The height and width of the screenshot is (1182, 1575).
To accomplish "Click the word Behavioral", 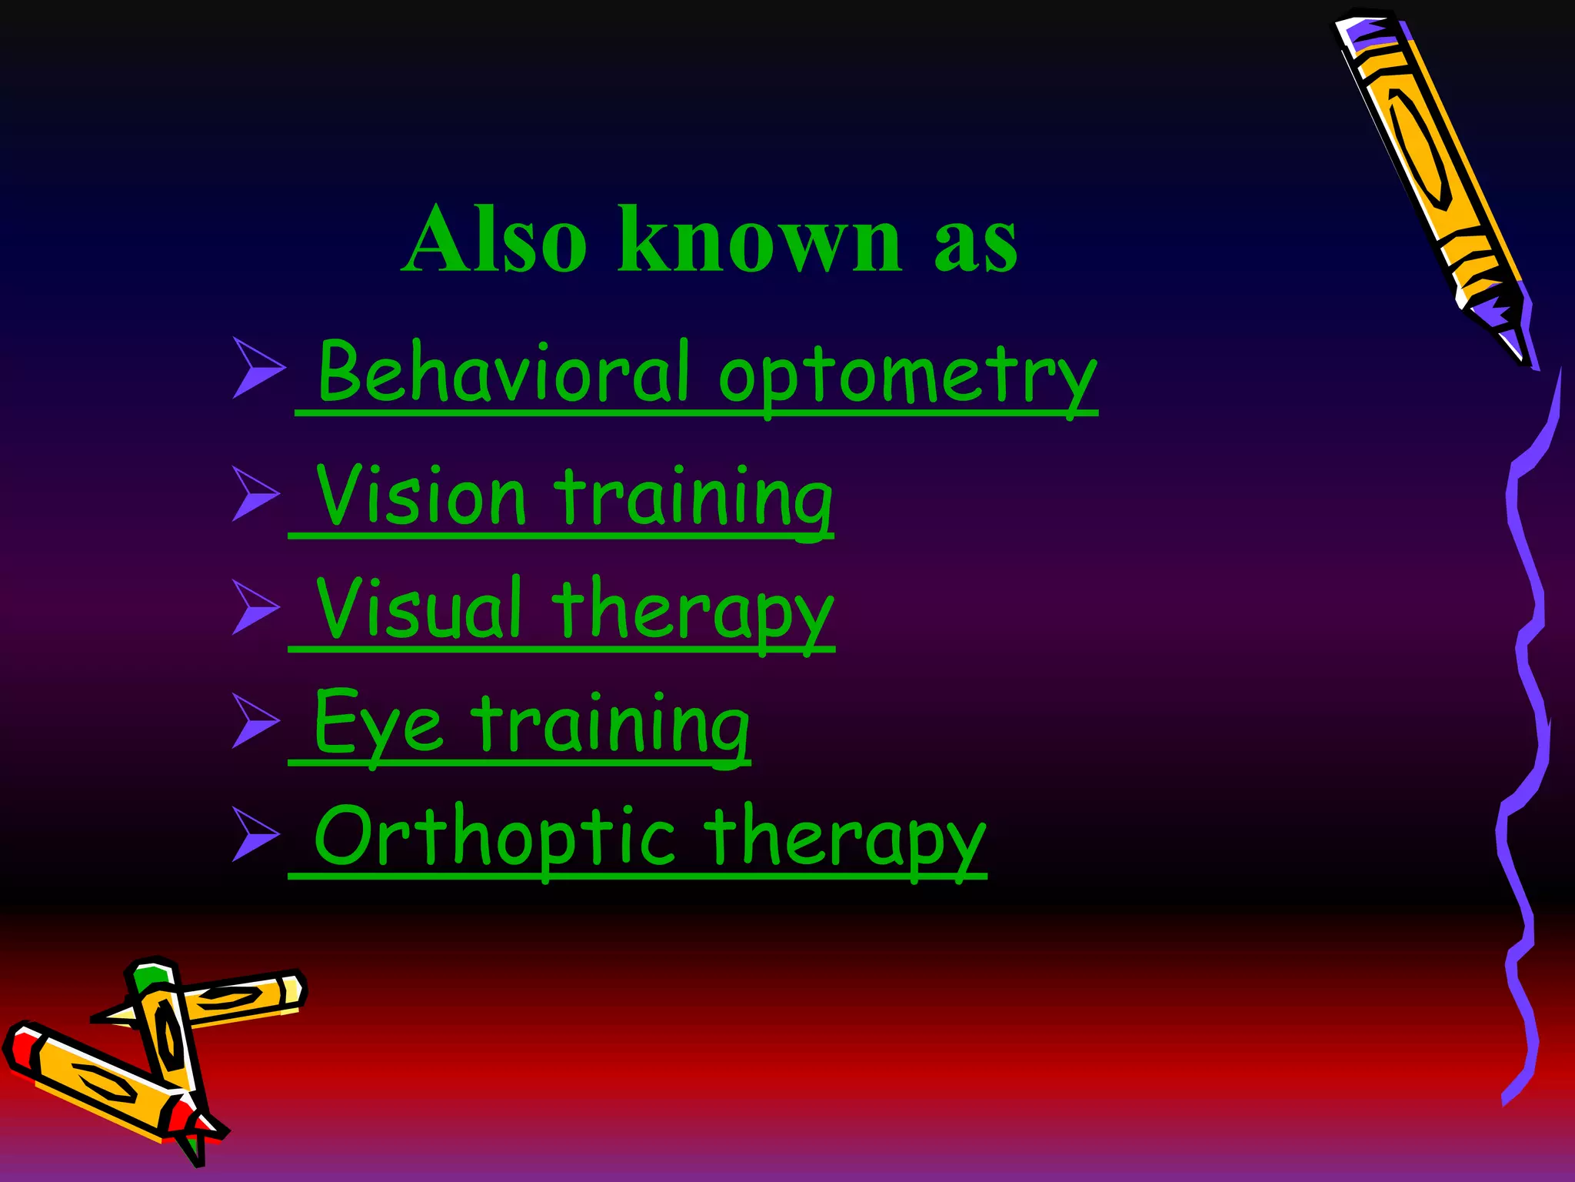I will click(504, 372).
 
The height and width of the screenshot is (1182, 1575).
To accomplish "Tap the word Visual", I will click(420, 609).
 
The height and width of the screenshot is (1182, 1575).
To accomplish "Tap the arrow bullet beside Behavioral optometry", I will click(258, 367).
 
